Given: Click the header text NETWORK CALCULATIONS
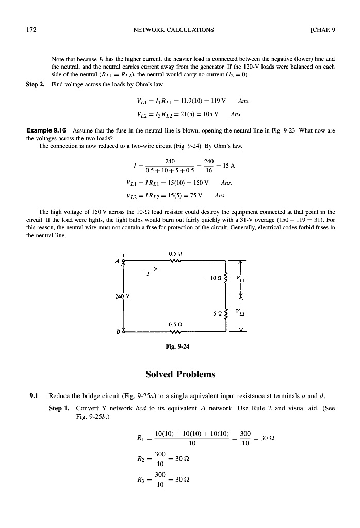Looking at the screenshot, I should click(x=173, y=29).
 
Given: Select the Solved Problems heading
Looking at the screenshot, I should click(x=179, y=374).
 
